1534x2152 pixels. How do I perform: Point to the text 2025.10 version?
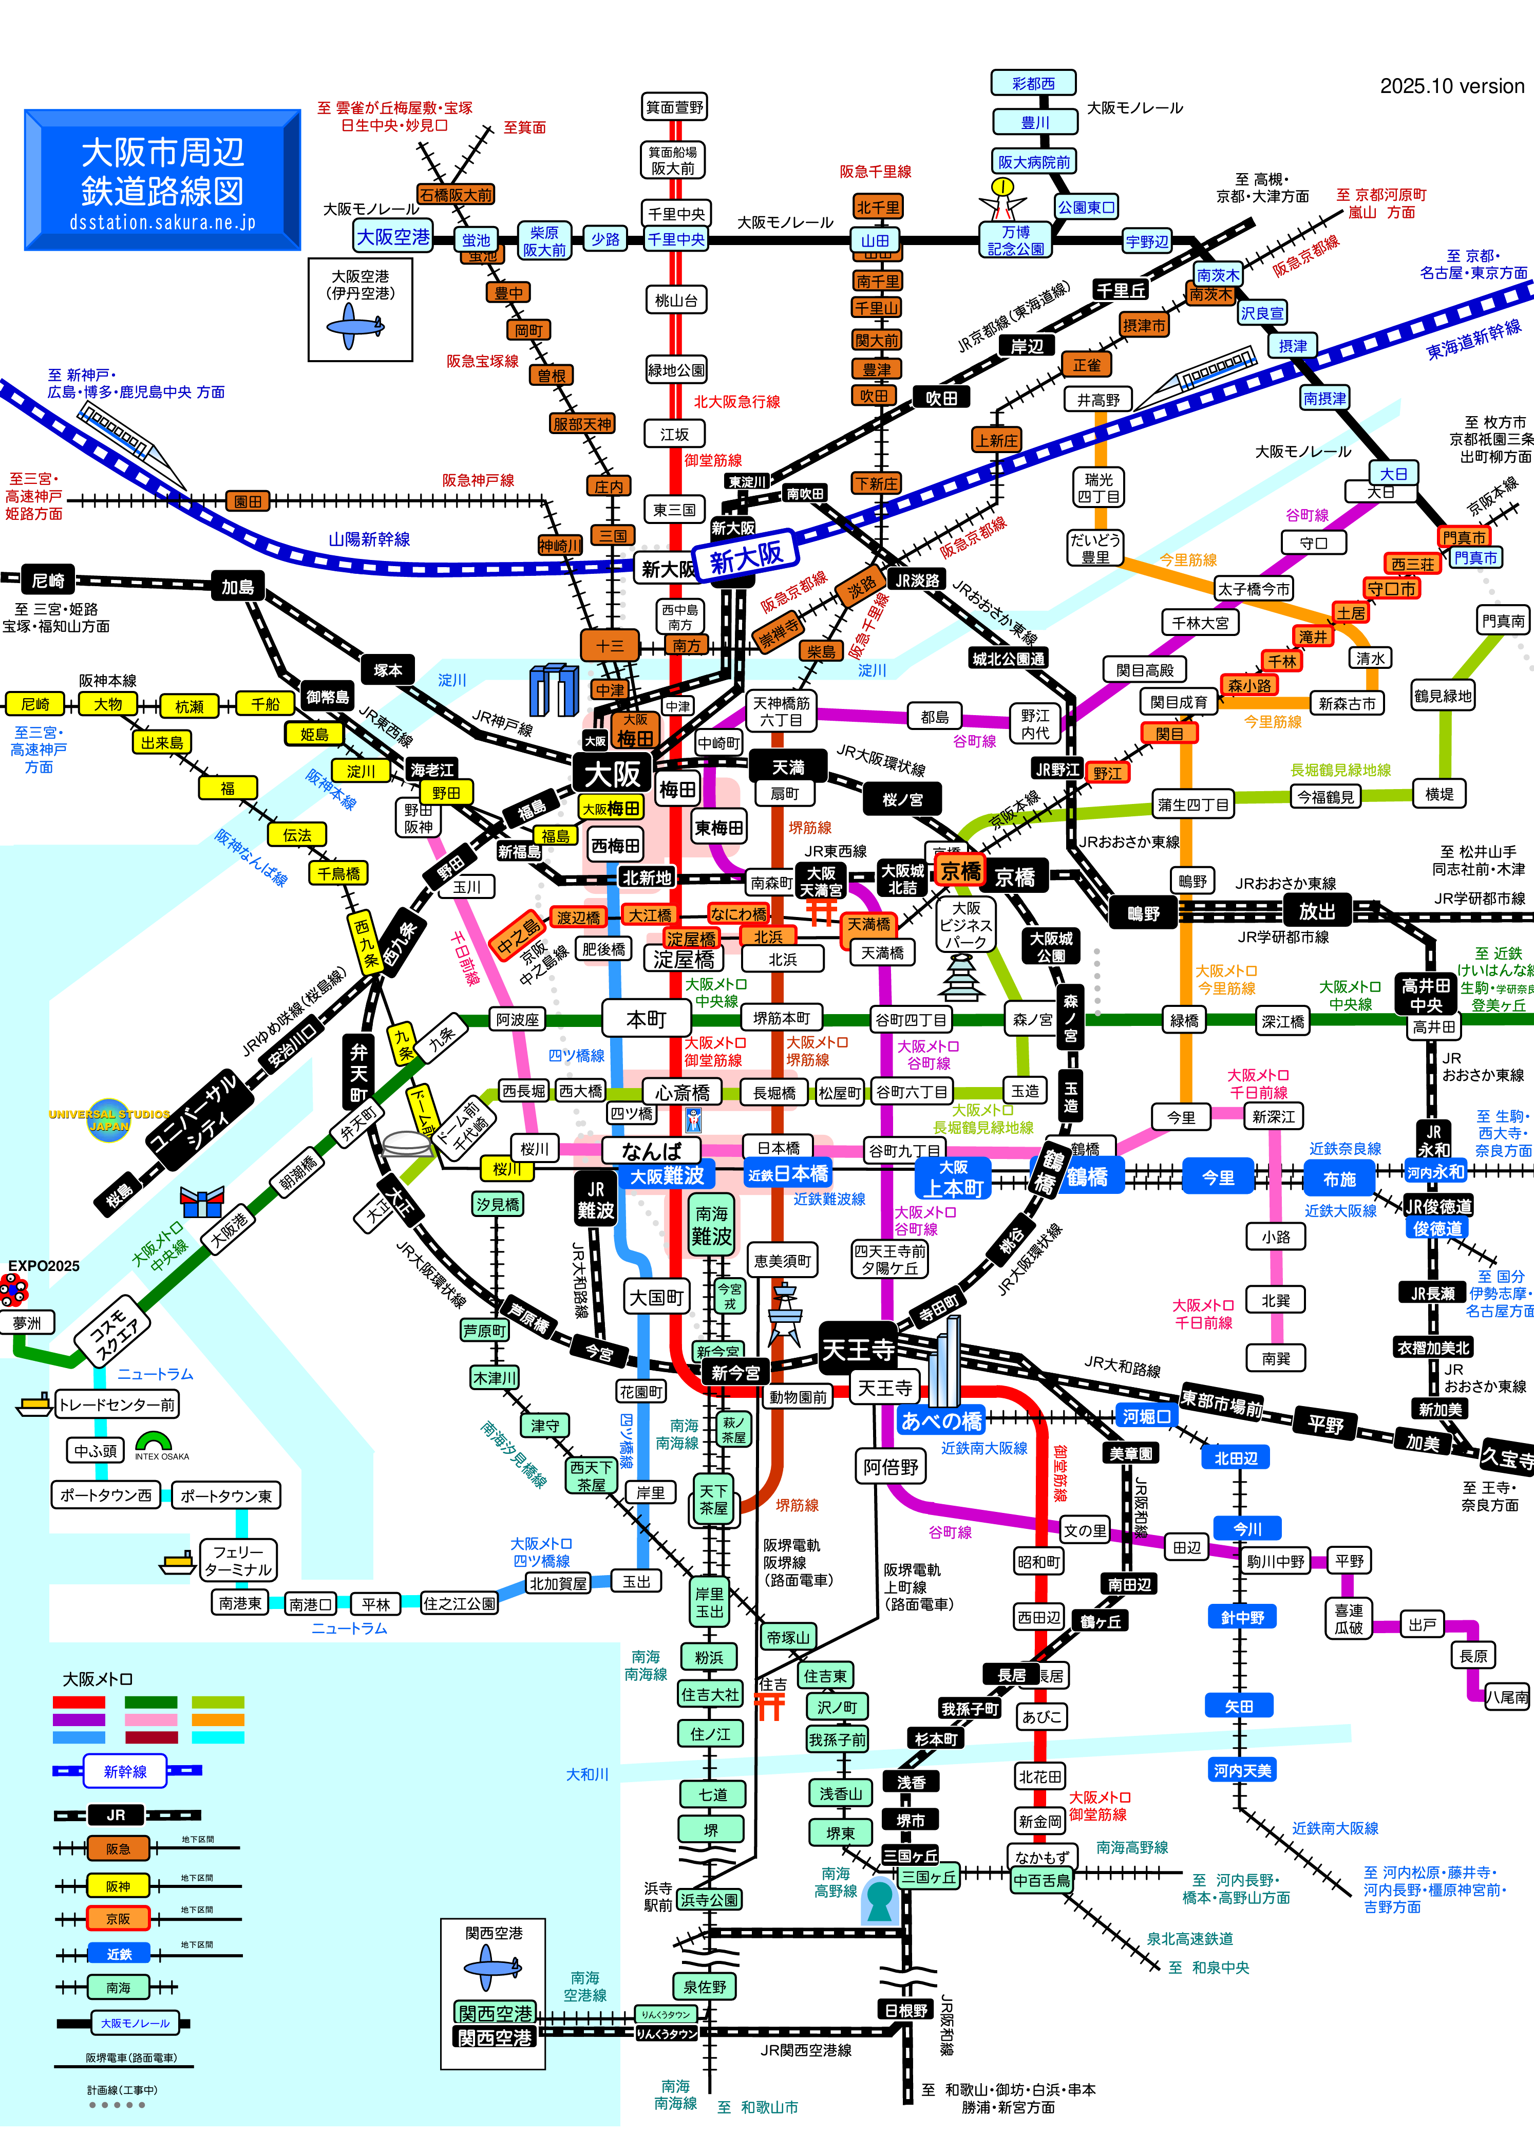pyautogui.click(x=1452, y=86)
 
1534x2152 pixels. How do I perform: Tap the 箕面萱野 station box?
pyautogui.click(x=674, y=107)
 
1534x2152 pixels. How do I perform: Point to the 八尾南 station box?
pyautogui.click(x=1507, y=1697)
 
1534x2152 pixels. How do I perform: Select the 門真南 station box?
pyautogui.click(x=1503, y=621)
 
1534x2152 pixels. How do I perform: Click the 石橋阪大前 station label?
pyautogui.click(x=456, y=195)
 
